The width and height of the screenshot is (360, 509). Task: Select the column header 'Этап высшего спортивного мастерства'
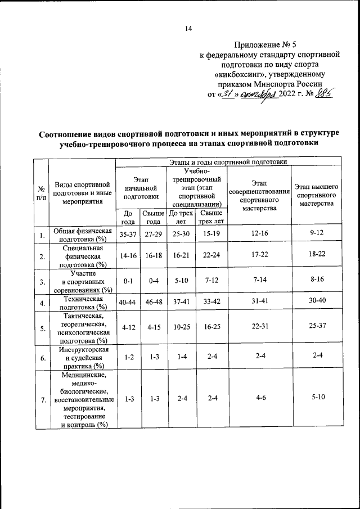click(317, 195)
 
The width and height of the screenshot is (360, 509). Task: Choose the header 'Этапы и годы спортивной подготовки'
click(228, 162)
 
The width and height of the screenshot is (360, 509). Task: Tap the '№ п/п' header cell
click(41, 195)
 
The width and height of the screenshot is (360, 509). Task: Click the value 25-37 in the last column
click(317, 327)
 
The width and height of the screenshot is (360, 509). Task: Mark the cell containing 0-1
click(127, 280)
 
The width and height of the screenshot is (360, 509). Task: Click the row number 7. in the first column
click(41, 400)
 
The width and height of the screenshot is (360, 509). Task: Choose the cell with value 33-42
click(210, 303)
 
